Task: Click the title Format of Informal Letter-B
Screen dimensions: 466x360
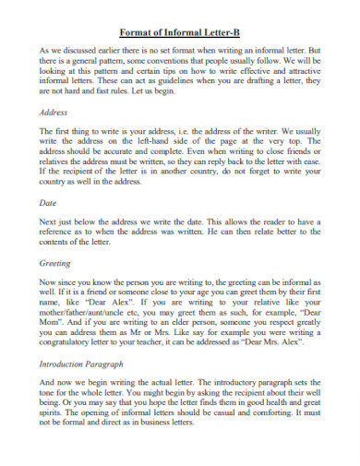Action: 180,30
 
